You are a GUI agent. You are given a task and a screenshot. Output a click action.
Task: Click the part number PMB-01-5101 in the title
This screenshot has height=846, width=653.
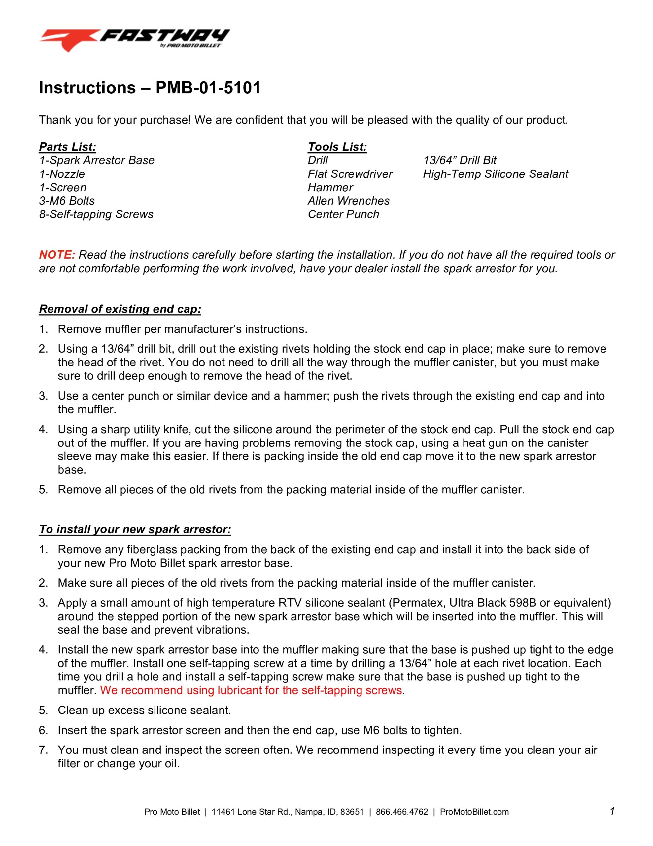pyautogui.click(x=208, y=88)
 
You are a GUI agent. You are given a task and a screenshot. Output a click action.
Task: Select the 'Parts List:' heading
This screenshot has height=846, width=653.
pyautogui.click(x=67, y=147)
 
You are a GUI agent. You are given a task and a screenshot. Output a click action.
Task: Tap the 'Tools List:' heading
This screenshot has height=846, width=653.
pyautogui.click(x=337, y=147)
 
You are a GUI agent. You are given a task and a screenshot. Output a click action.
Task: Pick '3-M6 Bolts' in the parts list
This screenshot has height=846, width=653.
pyautogui.click(x=67, y=201)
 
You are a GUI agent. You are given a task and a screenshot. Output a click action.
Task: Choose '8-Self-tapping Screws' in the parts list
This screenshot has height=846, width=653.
pyautogui.click(x=96, y=214)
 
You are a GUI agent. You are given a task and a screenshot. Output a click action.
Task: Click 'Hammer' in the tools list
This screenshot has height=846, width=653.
pyautogui.click(x=330, y=187)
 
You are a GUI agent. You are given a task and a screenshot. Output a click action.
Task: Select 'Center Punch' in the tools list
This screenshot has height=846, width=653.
pyautogui.click(x=343, y=214)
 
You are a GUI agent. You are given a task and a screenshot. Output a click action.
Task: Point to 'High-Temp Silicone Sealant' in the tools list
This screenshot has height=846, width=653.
pyautogui.click(x=495, y=174)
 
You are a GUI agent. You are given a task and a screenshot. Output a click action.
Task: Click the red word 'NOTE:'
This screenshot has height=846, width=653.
pyautogui.click(x=57, y=255)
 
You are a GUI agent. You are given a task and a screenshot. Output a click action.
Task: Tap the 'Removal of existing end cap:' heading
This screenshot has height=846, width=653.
pyautogui.click(x=120, y=309)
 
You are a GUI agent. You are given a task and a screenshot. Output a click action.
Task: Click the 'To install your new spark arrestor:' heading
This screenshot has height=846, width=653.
pyautogui.click(x=135, y=529)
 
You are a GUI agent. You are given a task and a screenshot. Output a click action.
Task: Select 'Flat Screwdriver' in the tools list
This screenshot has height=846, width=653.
pyautogui.click(x=350, y=174)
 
